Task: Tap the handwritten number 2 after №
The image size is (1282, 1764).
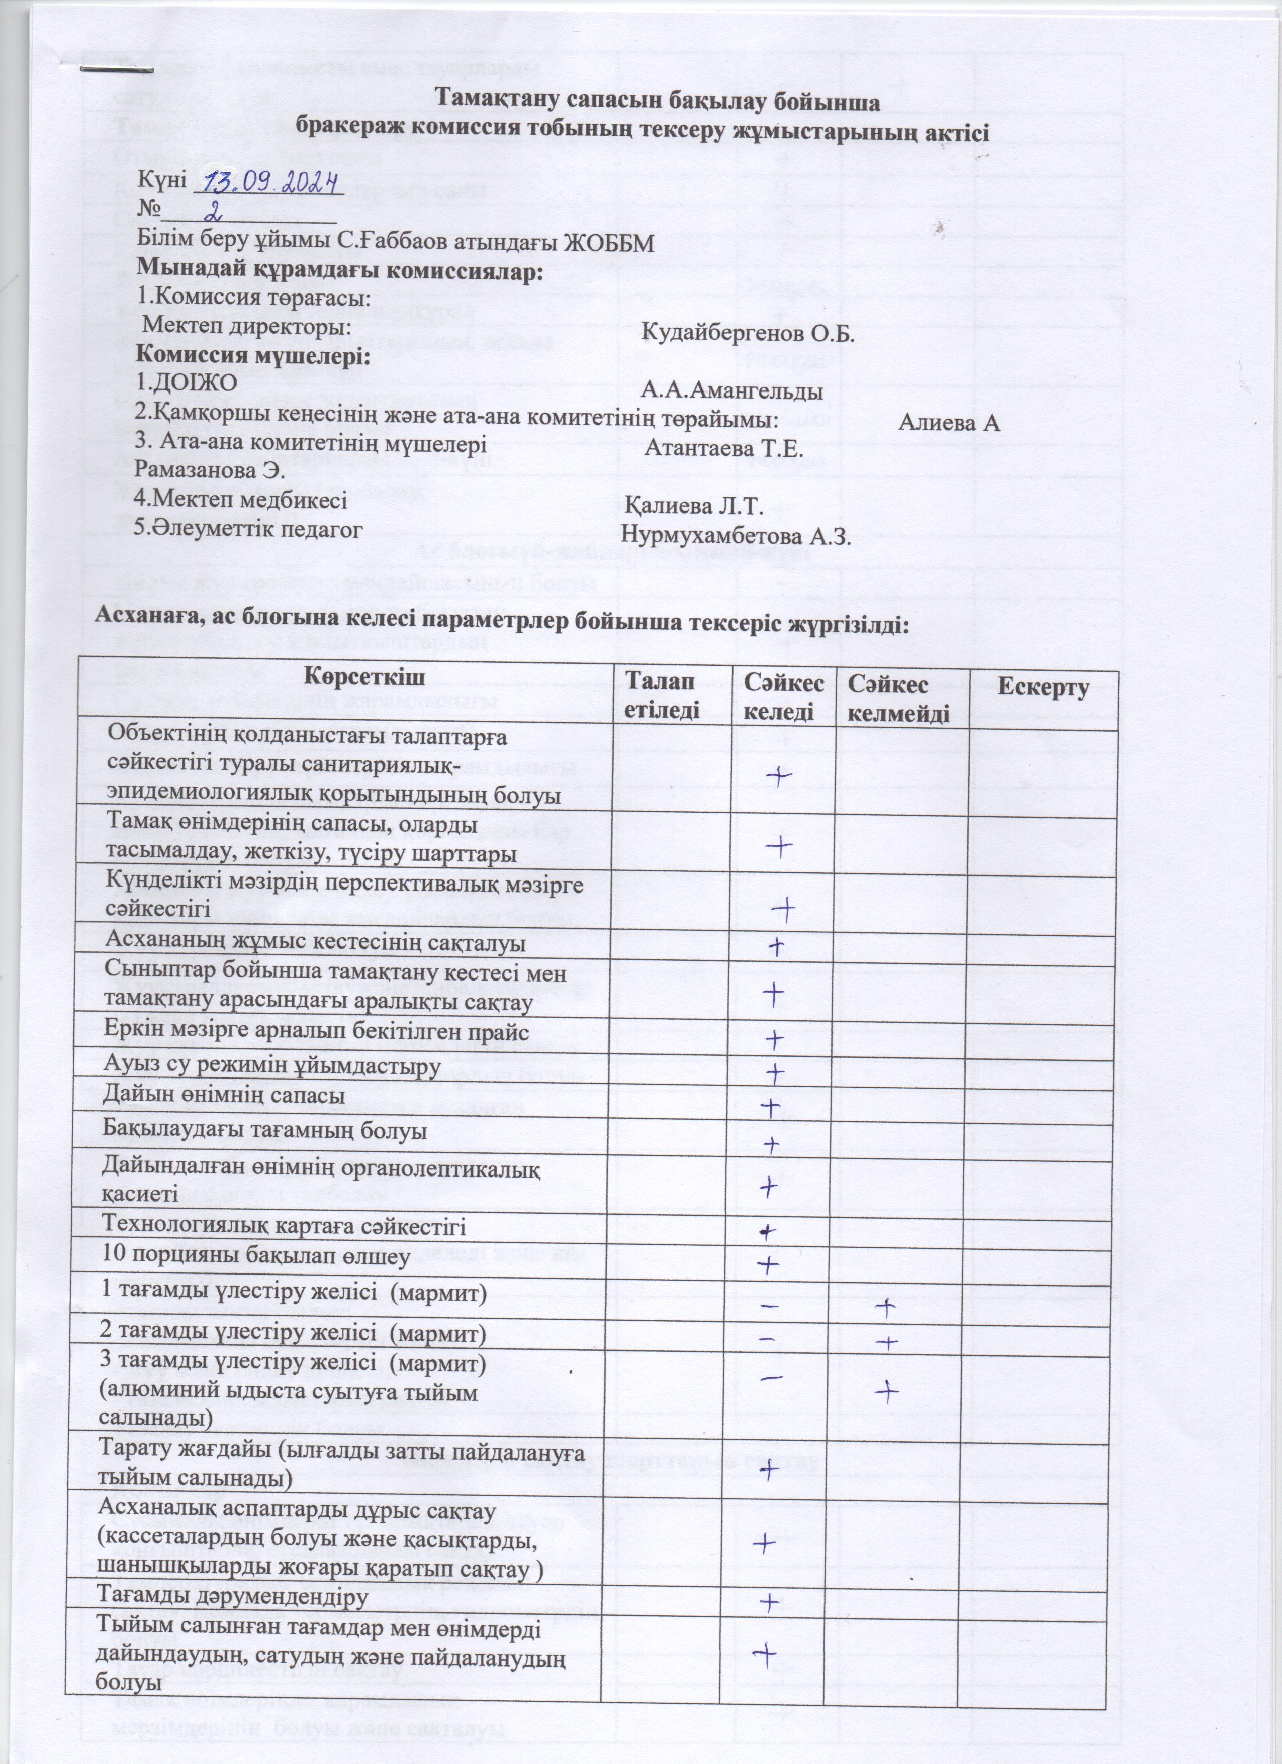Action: click(x=212, y=210)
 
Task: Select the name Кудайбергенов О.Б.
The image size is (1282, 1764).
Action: click(x=749, y=334)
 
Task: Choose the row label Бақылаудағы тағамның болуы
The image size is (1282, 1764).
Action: click(x=264, y=1130)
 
